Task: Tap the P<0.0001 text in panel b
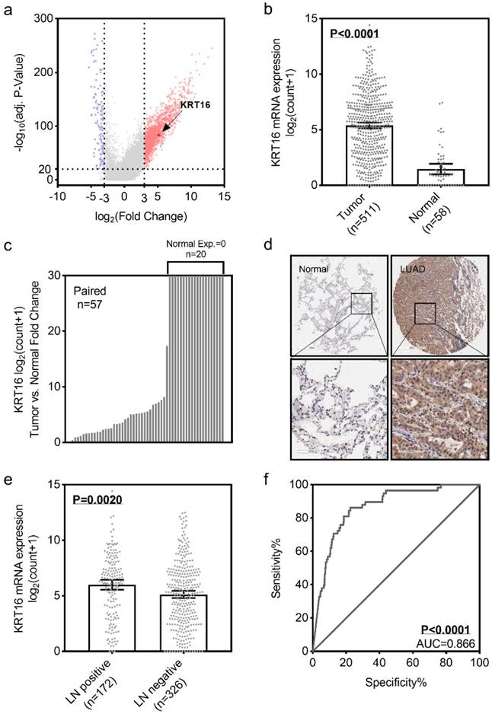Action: tap(354, 33)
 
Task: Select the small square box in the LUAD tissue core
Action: tap(424, 312)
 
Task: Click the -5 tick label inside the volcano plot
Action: tap(92, 195)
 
